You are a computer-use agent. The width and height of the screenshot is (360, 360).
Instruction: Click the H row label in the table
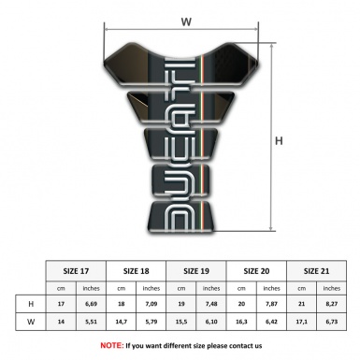33,304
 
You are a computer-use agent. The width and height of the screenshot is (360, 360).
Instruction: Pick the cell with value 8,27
331,304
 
